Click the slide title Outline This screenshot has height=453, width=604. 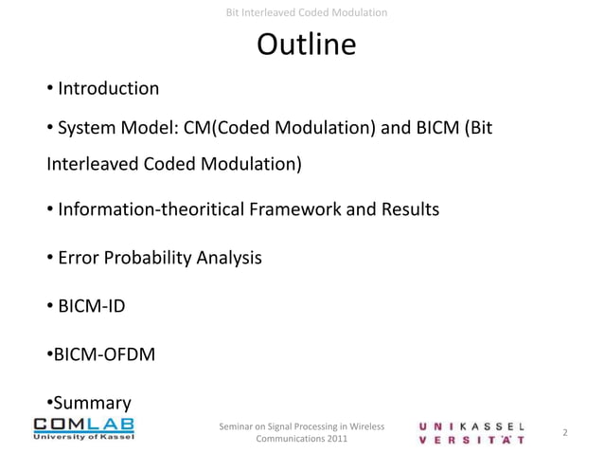coord(306,45)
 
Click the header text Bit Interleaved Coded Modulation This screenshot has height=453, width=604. coord(307,12)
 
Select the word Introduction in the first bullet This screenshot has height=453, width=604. coord(108,89)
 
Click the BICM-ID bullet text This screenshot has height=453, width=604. coord(91,306)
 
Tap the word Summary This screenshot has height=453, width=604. coord(91,402)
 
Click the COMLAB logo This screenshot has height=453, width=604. coord(84,427)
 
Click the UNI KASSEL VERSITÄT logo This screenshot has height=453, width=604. coord(473,432)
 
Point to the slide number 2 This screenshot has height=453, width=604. coord(564,433)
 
